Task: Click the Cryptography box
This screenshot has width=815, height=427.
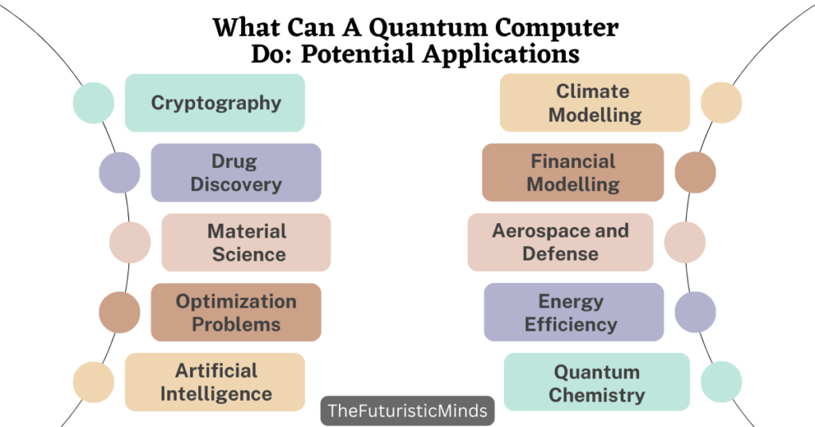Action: (215, 103)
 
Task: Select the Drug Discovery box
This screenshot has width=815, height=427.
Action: (236, 173)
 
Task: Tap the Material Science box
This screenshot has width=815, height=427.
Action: (246, 242)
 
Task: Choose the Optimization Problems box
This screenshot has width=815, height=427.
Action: (236, 312)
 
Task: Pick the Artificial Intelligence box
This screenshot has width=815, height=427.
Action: (215, 382)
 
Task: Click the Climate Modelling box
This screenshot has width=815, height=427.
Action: (595, 103)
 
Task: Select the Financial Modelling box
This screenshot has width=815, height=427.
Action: (573, 173)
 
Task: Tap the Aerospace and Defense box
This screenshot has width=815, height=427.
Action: (560, 242)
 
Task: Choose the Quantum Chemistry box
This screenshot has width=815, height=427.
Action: (597, 382)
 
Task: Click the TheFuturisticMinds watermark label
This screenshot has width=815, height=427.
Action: (408, 412)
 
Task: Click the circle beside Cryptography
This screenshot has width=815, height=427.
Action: (93, 103)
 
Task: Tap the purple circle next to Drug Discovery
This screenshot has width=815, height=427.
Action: (119, 173)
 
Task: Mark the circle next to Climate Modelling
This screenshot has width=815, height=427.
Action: (721, 103)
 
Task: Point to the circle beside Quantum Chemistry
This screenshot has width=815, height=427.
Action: (721, 382)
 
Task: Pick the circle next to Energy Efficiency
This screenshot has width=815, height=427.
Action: (696, 312)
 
